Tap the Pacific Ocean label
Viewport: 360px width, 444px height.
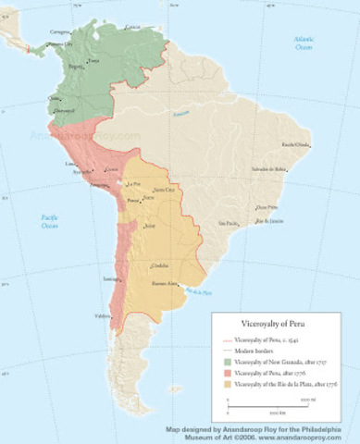coord(48,219)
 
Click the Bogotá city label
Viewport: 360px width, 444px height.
coord(75,67)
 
